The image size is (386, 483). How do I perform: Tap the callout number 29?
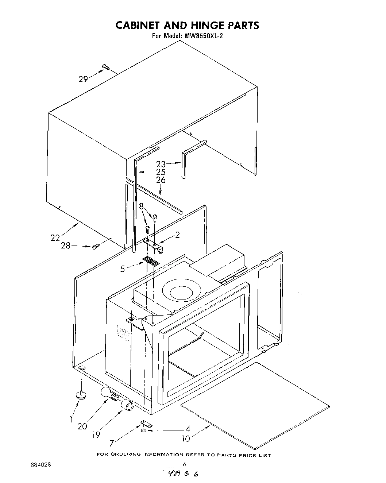(83, 78)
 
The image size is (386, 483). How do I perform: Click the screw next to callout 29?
(106, 67)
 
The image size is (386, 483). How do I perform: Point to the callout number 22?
(55, 238)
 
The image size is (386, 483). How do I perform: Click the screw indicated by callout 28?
(96, 247)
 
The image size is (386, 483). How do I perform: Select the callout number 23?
(161, 164)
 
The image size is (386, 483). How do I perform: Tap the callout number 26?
(161, 180)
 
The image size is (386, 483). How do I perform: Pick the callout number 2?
(177, 235)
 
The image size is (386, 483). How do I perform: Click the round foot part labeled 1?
(81, 394)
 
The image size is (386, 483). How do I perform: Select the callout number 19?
(96, 434)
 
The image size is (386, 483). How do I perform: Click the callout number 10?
(186, 438)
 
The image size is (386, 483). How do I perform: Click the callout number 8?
(141, 206)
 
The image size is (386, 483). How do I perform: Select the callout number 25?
(161, 172)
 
